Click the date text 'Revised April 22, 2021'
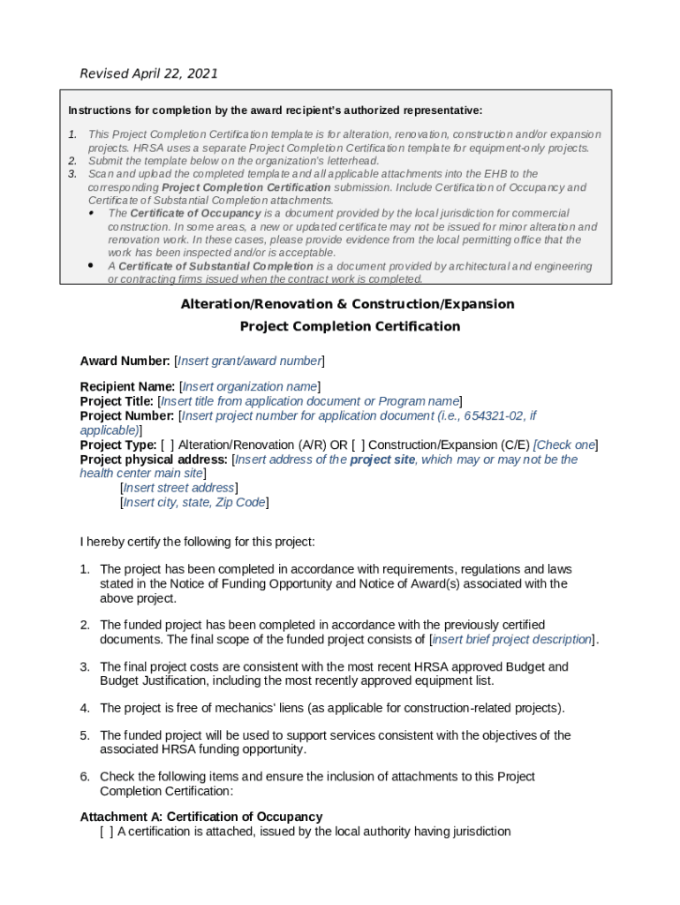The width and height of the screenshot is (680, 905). point(148,73)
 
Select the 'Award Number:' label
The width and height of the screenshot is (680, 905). point(125,361)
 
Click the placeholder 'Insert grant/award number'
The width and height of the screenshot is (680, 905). point(249,361)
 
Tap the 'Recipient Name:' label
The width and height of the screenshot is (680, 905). point(127,386)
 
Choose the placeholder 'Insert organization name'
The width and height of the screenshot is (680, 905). point(249,386)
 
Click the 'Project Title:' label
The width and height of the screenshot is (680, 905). point(117,401)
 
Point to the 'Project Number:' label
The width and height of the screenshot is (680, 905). point(126,415)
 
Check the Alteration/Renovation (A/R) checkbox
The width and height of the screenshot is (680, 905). point(167,445)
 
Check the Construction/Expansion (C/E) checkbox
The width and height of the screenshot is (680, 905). point(358,445)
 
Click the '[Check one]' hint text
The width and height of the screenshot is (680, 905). point(565,445)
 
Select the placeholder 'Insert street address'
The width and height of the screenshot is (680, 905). point(178,488)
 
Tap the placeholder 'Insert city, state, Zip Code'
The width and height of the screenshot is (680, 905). point(193,502)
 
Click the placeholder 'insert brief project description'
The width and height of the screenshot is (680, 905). point(511,639)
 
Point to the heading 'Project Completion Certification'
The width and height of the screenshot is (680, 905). point(350,326)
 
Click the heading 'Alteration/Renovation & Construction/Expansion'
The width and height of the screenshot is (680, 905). point(347,304)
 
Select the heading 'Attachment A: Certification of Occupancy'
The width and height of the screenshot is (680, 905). point(200,817)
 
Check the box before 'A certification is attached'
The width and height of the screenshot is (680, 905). point(106,831)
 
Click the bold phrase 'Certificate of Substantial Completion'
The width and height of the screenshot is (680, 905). point(215,266)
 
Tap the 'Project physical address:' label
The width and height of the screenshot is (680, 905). point(155,460)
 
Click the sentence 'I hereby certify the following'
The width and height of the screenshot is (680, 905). point(197,541)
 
